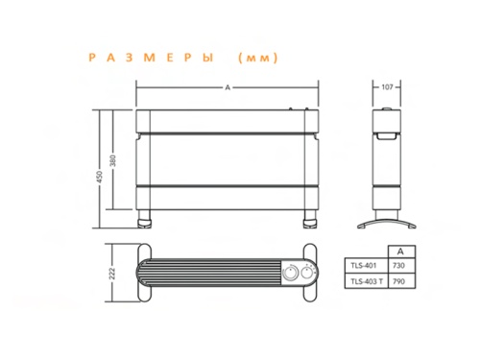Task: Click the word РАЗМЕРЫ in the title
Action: point(155,59)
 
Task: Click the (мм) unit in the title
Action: point(256,59)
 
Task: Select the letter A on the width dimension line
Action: point(227,87)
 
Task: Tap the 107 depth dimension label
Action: point(388,87)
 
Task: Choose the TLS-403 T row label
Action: point(364,280)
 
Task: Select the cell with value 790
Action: point(398,280)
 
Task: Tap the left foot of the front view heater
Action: point(146,221)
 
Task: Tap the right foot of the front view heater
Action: point(309,221)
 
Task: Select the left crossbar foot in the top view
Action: point(146,273)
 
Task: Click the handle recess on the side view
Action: point(387,135)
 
